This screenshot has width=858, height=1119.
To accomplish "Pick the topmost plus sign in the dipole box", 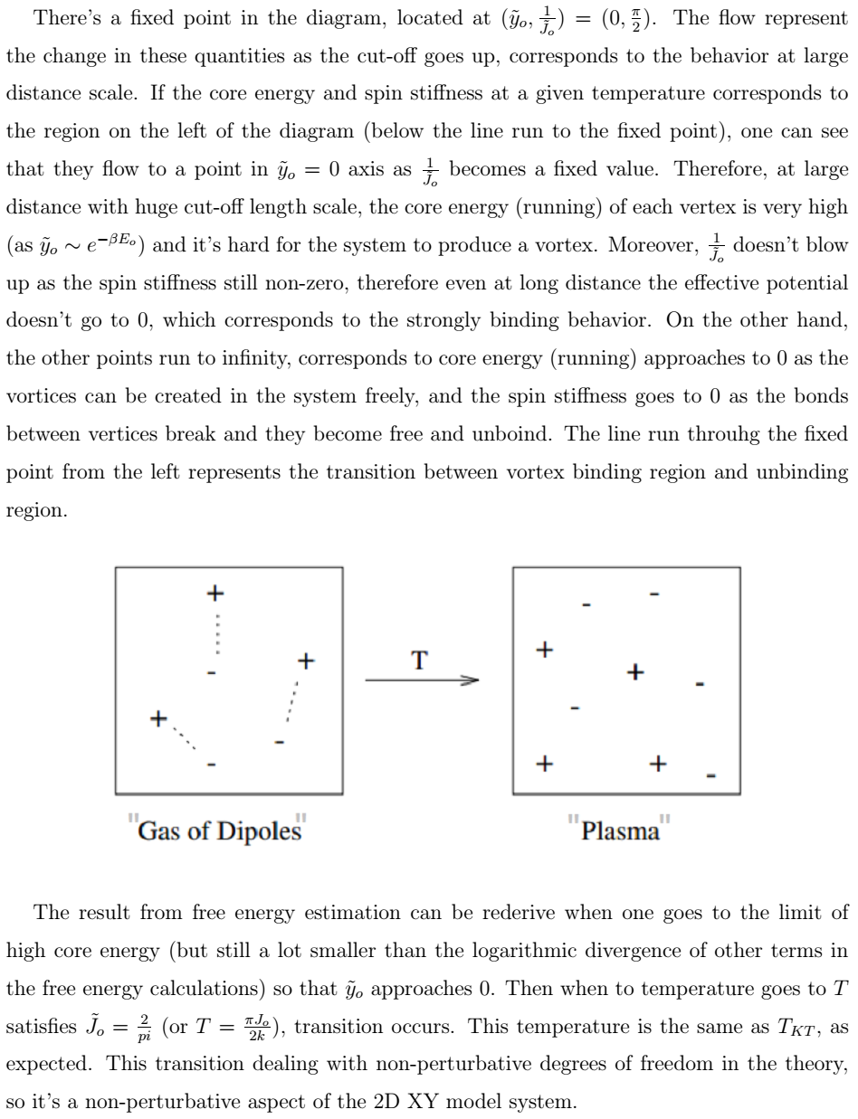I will click(214, 593).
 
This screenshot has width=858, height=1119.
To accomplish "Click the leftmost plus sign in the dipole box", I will click(159, 719).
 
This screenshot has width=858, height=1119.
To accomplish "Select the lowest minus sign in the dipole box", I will click(211, 764).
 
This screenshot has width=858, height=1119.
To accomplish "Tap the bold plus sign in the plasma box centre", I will click(635, 671).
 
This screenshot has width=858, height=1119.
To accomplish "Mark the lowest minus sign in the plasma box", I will click(711, 775).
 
